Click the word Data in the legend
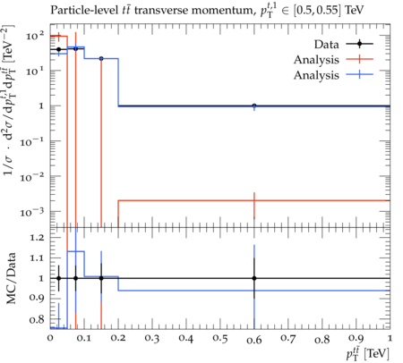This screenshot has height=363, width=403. [x=326, y=45]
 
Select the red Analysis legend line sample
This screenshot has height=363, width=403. [x=360, y=59]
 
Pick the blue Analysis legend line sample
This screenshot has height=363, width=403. [x=360, y=74]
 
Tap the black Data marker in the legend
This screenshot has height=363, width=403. [x=360, y=44]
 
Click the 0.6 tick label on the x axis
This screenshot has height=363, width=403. [x=254, y=340]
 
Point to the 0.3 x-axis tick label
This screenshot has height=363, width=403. [x=152, y=338]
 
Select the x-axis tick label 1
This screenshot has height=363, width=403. [x=390, y=338]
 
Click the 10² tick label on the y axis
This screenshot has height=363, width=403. [x=35, y=36]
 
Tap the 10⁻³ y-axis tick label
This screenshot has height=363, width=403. [x=32, y=212]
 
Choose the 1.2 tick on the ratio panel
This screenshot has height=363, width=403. [x=37, y=238]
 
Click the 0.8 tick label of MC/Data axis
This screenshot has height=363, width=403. [x=37, y=320]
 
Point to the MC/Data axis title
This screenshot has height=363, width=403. [x=11, y=278]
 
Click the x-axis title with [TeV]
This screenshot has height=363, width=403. [x=368, y=353]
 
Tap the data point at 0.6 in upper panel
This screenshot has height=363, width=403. [x=254, y=106]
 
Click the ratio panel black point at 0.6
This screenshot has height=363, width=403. [x=254, y=278]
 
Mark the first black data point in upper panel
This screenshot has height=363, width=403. [x=58, y=49]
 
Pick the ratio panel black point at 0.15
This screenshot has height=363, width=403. [x=101, y=278]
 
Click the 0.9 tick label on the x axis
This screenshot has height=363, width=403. [x=356, y=338]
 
